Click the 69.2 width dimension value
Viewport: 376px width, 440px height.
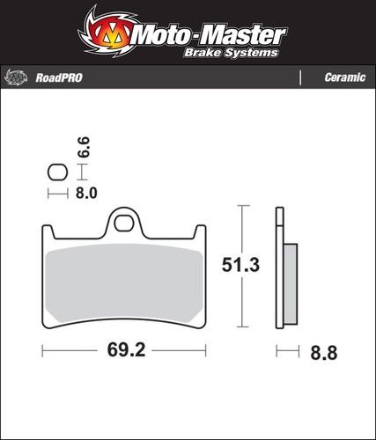point(126,350)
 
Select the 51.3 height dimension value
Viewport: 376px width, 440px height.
point(240,265)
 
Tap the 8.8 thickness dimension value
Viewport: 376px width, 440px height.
point(324,353)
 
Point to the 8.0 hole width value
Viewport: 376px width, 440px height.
point(86,194)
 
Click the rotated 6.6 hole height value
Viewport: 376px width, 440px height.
point(84,147)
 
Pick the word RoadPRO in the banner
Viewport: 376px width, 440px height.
point(59,78)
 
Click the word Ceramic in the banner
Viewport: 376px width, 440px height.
point(345,77)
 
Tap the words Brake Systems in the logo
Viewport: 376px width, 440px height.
point(231,53)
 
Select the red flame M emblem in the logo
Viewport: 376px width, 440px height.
point(107,33)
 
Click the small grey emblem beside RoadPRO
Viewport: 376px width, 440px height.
point(16,77)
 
